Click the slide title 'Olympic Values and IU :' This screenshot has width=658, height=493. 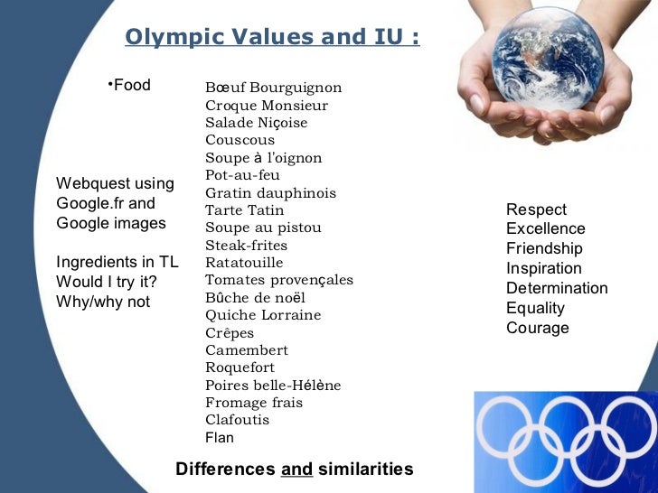tap(272, 38)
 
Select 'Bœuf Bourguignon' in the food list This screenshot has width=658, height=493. tap(273, 88)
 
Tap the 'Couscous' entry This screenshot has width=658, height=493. tap(240, 140)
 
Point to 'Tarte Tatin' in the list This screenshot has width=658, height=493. tap(244, 210)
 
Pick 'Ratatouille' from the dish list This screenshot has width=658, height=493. tap(244, 263)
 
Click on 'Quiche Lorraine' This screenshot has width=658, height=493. tap(263, 315)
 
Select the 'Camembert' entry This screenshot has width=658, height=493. tap(247, 350)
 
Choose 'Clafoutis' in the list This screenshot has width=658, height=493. tap(237, 420)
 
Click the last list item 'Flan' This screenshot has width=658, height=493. tap(220, 438)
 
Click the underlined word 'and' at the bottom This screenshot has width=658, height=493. tap(297, 470)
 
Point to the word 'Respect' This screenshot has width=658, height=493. tap(536, 209)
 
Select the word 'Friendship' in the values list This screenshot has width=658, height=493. tap(544, 249)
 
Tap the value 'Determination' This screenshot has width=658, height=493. tap(557, 289)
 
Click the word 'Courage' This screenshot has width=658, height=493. tap(537, 328)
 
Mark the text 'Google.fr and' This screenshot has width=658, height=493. tap(106, 203)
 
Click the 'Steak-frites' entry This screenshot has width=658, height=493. tap(246, 246)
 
